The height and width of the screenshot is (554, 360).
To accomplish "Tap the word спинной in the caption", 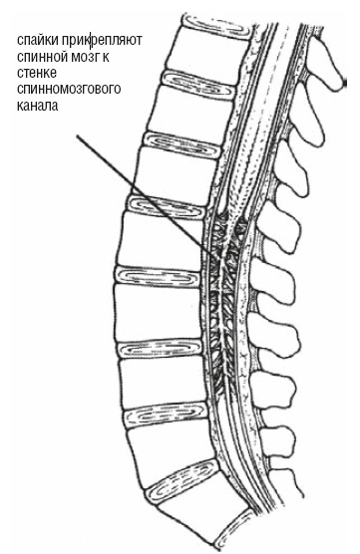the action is (42, 57).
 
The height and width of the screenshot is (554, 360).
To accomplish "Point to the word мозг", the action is (85, 57).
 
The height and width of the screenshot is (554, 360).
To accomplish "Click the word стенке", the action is (37, 73).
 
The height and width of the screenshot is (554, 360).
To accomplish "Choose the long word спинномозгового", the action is (69, 90).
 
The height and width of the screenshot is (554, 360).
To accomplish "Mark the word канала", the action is (37, 106).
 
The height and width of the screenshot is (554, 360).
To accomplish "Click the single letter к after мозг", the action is (106, 57).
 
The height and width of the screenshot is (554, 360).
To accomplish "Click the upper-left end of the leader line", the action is (78, 136).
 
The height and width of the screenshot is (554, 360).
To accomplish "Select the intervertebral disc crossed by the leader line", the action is (167, 207).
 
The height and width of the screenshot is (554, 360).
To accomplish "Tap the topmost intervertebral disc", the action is (216, 25).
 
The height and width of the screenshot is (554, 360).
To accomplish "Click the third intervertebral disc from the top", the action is (182, 144).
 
